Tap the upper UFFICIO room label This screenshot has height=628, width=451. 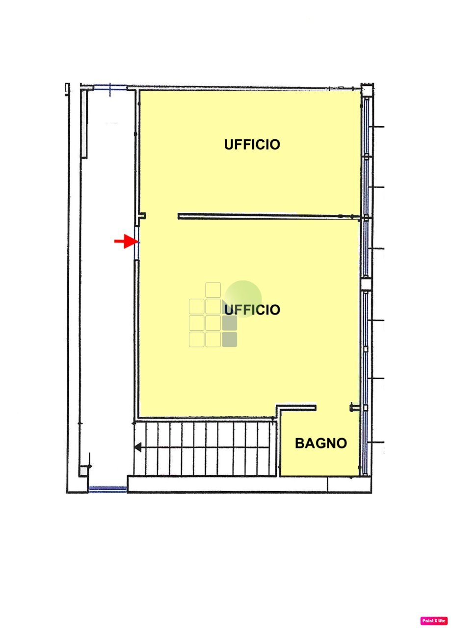click(252, 145)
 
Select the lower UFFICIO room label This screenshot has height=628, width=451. click(252, 310)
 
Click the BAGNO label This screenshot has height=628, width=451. click(320, 444)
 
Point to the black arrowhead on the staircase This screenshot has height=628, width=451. click(138, 447)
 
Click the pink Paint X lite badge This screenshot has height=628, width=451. click(434, 620)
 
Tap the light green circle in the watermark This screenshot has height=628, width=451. click(244, 298)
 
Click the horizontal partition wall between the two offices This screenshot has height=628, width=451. click(265, 216)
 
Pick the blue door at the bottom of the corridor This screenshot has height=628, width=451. click(107, 489)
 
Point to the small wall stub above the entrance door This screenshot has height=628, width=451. click(142, 215)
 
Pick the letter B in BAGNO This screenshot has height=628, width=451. click(300, 444)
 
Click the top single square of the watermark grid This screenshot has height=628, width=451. click(213, 289)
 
